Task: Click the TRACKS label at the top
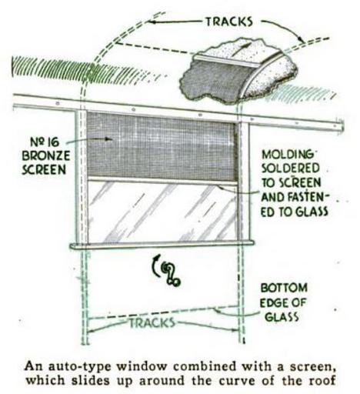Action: click(x=229, y=22)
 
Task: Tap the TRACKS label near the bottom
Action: click(x=152, y=323)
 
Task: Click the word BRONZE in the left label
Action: click(x=46, y=155)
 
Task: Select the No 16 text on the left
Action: click(x=45, y=142)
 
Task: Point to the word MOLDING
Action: click(x=288, y=155)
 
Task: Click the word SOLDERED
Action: click(x=291, y=169)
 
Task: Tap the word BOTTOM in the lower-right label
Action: click(x=284, y=288)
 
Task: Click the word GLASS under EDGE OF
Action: click(x=282, y=317)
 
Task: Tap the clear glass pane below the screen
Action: click(x=162, y=212)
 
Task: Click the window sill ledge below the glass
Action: click(x=162, y=245)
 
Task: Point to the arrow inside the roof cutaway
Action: click(x=240, y=48)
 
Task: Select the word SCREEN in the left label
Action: click(x=44, y=169)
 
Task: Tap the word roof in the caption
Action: click(x=322, y=380)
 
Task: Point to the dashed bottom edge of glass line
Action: click(x=163, y=312)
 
